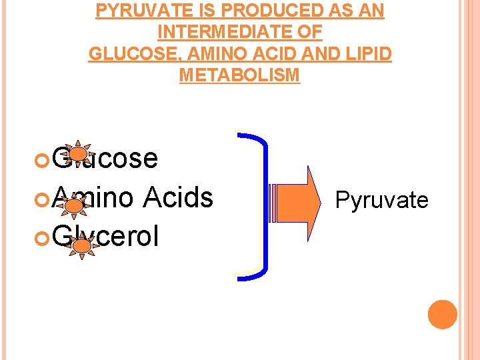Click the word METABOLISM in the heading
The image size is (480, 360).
pyautogui.click(x=239, y=75)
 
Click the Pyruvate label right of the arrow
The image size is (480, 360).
pyautogui.click(x=381, y=199)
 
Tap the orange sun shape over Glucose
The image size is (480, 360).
pyautogui.click(x=79, y=154)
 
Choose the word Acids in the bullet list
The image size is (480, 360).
pyautogui.click(x=177, y=197)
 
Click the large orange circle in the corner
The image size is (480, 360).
pyautogui.click(x=442, y=315)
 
